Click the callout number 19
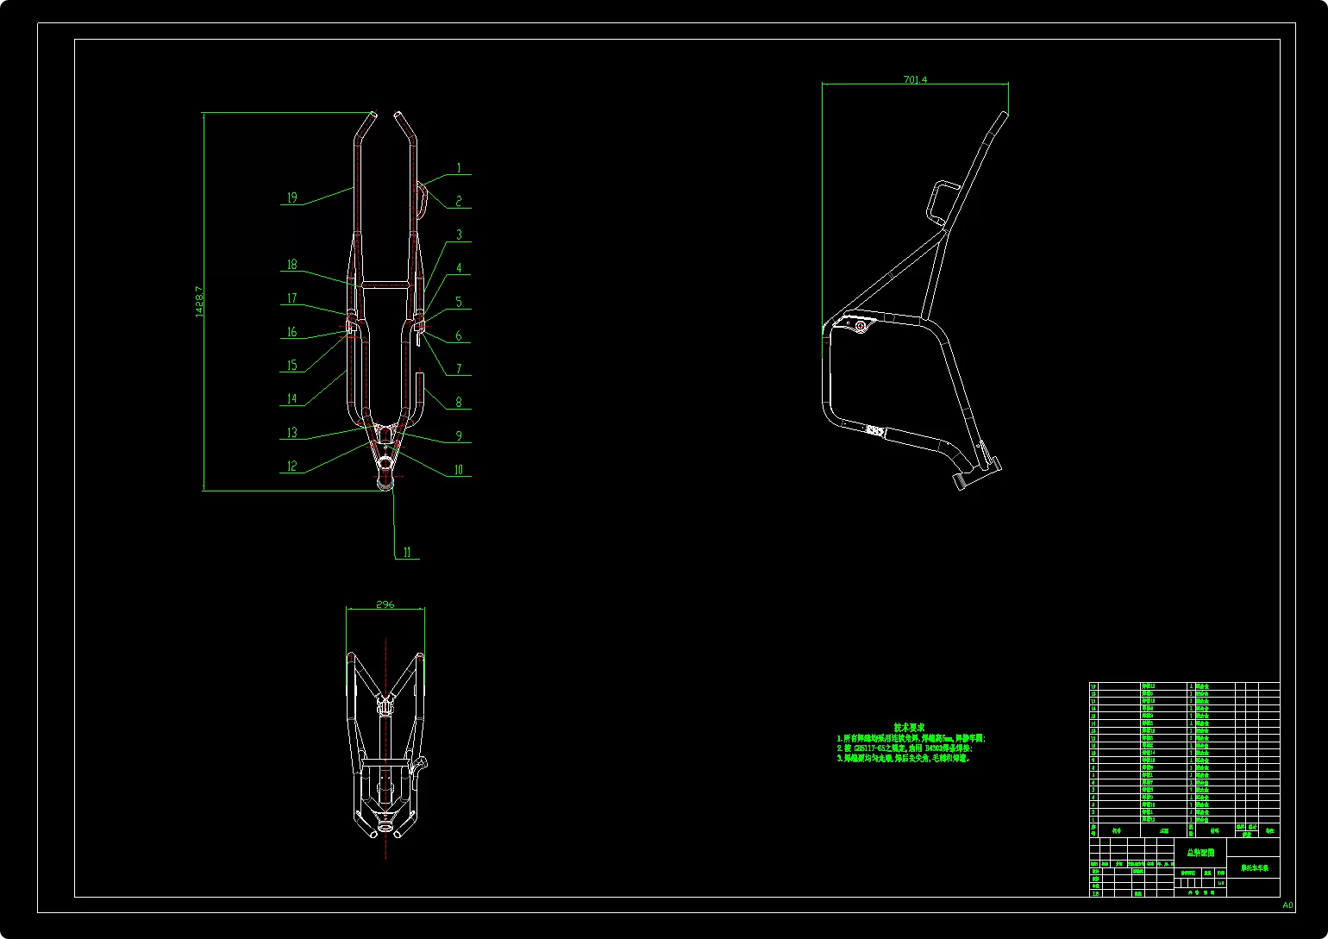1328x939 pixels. (291, 197)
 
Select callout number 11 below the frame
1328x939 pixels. (407, 553)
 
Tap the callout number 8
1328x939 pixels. (459, 402)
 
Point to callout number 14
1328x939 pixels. (291, 398)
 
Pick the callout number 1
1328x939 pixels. (459, 169)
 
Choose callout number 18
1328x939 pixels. (291, 265)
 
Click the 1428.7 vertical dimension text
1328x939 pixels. (199, 302)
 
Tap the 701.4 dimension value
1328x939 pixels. (915, 79)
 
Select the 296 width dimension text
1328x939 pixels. (385, 604)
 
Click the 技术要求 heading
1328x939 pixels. (910, 728)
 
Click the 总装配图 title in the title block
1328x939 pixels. (1200, 852)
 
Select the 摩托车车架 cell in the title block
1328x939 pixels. (1254, 868)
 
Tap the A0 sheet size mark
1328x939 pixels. (1287, 905)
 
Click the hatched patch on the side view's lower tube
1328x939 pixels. (874, 429)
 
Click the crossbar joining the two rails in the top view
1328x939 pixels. (385, 283)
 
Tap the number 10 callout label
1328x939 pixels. (459, 470)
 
